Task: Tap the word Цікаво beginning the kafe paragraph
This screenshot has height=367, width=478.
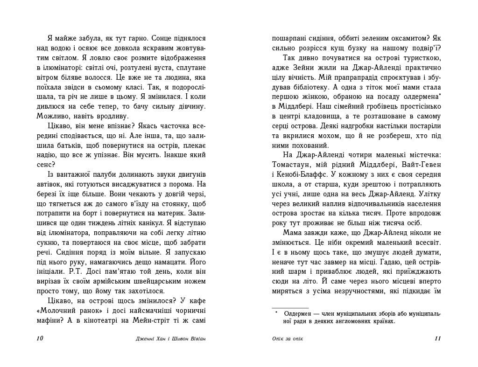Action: [60, 301]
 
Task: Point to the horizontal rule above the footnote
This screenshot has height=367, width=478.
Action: [290, 308]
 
